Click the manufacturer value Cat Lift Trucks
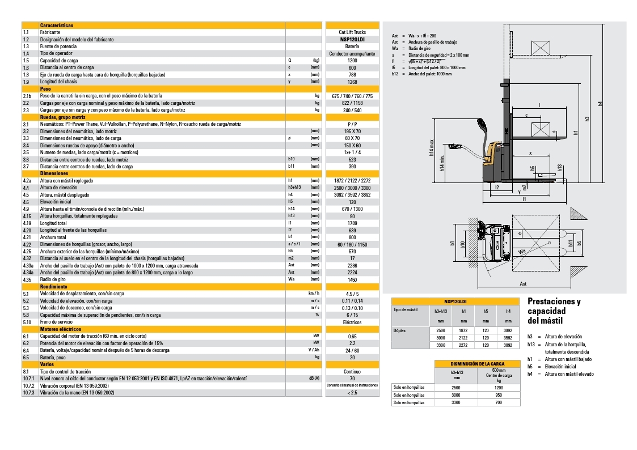click(352, 32)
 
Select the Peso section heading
click(45, 88)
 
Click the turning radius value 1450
click(352, 279)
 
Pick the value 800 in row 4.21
click(352, 237)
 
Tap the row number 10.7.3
click(29, 392)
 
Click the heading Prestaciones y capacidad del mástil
click(554, 311)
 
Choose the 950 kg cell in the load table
click(499, 394)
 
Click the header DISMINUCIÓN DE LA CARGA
click(477, 364)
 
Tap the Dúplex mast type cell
click(399, 330)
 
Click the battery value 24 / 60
click(352, 350)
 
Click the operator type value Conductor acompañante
click(352, 53)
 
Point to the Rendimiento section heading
click(53, 287)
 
